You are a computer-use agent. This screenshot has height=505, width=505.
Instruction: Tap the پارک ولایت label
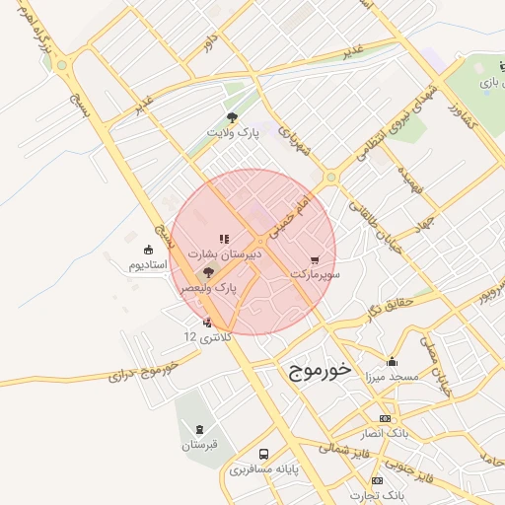coord(233,131)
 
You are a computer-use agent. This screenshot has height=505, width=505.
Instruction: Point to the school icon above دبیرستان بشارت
coord(224,239)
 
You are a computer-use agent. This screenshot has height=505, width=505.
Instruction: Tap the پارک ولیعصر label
coord(209,287)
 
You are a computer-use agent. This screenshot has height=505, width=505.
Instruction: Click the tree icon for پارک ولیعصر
coord(208,272)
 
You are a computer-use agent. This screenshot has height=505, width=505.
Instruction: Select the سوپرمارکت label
coord(315,273)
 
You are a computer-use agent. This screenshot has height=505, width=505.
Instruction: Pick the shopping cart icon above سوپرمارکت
coord(315,259)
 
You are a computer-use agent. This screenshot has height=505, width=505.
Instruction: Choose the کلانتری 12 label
coord(207,337)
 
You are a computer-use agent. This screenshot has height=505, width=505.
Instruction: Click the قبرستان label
coord(200,445)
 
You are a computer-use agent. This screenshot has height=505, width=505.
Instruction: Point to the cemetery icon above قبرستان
coord(200,430)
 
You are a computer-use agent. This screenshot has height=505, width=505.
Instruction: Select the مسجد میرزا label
coord(392,377)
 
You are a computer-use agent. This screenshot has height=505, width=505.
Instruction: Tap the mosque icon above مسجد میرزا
coord(392,361)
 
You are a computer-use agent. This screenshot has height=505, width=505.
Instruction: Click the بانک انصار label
coord(386,434)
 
